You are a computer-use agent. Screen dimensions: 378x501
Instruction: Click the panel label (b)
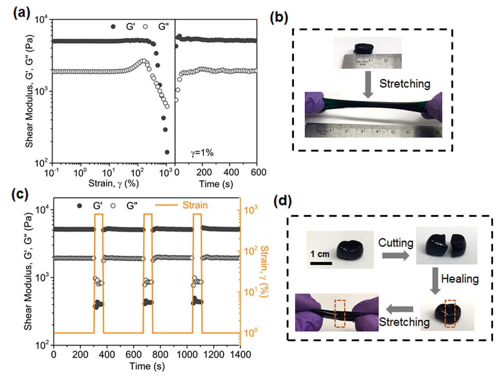pyautogui.click(x=279, y=18)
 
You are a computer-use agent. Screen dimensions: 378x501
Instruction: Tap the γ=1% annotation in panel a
pyautogui.click(x=202, y=153)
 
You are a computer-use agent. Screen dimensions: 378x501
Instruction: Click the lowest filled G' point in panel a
pyautogui.click(x=167, y=152)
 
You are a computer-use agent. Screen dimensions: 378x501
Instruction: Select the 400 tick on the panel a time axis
pyautogui.click(x=231, y=173)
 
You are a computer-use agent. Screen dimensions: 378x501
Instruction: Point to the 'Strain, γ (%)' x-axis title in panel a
pyautogui.click(x=113, y=184)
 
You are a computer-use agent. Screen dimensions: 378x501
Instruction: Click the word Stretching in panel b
pyautogui.click(x=405, y=84)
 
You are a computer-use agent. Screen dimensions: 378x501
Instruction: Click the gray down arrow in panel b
pyautogui.click(x=367, y=84)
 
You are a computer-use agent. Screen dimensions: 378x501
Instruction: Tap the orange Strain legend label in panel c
pyautogui.click(x=195, y=205)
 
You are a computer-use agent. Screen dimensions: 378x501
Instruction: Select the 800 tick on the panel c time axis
pyautogui.click(x=161, y=354)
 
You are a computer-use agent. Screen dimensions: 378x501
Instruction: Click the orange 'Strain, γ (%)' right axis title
pyautogui.click(x=265, y=271)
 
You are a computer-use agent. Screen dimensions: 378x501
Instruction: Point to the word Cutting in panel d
pyautogui.click(x=395, y=243)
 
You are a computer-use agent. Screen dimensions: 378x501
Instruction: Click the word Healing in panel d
pyautogui.click(x=460, y=279)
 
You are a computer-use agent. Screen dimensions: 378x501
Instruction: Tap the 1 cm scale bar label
pyautogui.click(x=320, y=254)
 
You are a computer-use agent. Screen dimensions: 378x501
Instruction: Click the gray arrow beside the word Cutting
pyautogui.click(x=395, y=255)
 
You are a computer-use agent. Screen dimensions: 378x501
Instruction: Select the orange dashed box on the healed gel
pyautogui.click(x=450, y=313)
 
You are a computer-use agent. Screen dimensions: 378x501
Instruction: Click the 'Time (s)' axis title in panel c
pyautogui.click(x=147, y=366)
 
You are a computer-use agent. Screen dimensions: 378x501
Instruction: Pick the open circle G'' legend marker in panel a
pyautogui.click(x=145, y=27)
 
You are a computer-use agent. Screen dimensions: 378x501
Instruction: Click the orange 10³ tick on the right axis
pyautogui.click(x=250, y=210)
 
